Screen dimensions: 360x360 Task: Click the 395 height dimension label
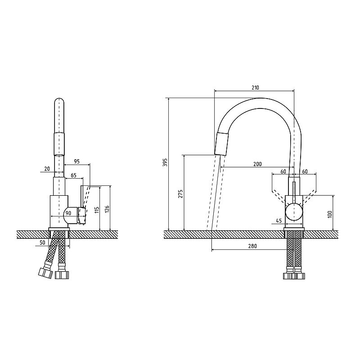(x=166, y=162)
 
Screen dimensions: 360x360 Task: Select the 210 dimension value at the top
(x=255, y=87)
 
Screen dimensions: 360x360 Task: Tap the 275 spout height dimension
(x=180, y=194)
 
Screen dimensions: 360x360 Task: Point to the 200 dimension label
(x=257, y=164)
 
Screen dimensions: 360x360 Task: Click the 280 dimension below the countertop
(x=252, y=246)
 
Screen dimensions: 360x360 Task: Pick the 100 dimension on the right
(x=330, y=214)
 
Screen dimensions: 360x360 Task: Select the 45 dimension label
(x=279, y=221)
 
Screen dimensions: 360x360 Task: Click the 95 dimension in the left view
(x=76, y=162)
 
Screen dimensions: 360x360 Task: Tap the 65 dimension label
(x=73, y=175)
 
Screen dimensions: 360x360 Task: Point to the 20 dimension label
(x=47, y=169)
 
